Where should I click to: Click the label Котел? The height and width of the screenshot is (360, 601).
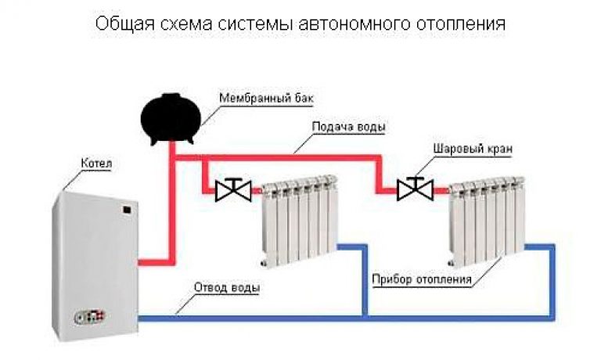coord(96,164)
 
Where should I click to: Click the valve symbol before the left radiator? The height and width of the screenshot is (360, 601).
coord(233,189)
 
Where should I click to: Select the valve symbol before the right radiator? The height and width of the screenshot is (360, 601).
coord(415,189)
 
